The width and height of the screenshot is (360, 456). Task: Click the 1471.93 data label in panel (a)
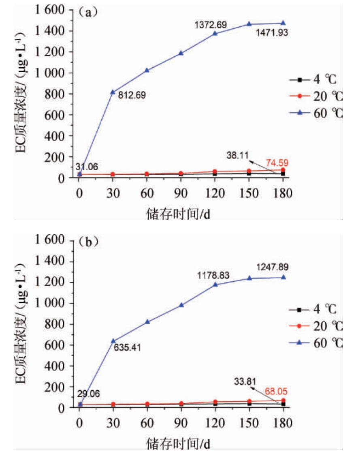(273, 32)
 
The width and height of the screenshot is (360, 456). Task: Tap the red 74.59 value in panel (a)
(277, 163)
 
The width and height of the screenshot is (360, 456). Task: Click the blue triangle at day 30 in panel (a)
(113, 92)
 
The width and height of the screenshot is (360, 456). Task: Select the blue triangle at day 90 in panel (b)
(181, 305)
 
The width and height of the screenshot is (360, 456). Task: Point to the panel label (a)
(88, 12)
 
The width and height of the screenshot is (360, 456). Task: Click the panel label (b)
(88, 242)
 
